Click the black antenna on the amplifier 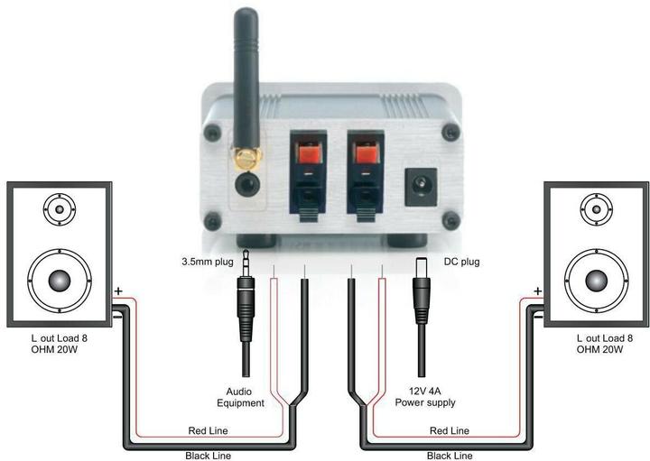[246, 78]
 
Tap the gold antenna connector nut [247, 159]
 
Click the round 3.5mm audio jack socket [247, 183]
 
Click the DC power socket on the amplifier [421, 187]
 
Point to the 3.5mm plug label [208, 262]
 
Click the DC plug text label [462, 262]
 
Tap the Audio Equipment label [240, 397]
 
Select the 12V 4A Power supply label [425, 397]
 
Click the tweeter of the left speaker [60, 209]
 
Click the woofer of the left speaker [60, 281]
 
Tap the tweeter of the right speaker [596, 209]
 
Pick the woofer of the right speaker [596, 281]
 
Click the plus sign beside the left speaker [118, 291]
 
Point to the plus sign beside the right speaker [538, 291]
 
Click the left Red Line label [208, 430]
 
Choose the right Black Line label [450, 456]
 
